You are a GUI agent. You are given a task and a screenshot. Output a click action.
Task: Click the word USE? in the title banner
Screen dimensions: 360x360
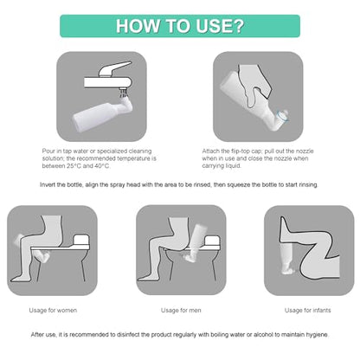[x=220, y=26]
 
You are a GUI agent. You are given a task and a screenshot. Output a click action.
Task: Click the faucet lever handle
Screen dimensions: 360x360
[x=114, y=68]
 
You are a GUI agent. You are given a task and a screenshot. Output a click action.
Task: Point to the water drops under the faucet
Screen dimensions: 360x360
[x=124, y=93]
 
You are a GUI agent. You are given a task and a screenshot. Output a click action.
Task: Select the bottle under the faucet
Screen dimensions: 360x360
[x=102, y=113]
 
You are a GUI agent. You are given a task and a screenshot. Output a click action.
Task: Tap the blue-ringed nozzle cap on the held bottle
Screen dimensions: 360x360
[x=281, y=115]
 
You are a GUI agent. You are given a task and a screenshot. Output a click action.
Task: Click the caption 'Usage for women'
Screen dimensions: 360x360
[x=53, y=311]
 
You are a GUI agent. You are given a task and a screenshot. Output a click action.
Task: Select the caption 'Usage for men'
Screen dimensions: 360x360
[x=181, y=311]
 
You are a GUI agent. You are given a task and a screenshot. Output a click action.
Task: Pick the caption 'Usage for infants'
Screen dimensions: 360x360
[x=307, y=311]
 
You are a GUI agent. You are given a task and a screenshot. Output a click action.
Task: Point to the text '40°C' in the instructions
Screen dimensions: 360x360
[x=102, y=166]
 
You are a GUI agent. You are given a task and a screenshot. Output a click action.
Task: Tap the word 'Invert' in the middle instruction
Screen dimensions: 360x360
[x=48, y=184]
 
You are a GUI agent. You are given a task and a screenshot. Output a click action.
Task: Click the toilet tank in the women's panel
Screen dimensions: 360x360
[x=80, y=241]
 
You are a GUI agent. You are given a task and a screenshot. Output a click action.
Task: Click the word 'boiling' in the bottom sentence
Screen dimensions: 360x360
[x=220, y=335]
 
